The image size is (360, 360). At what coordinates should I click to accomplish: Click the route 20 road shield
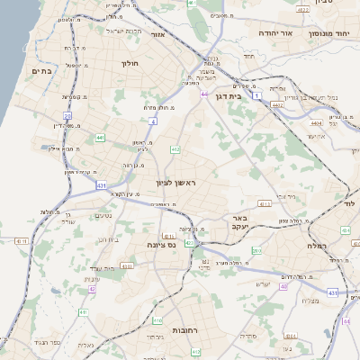coord(67,116)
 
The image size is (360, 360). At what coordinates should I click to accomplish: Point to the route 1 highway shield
coord(256,94)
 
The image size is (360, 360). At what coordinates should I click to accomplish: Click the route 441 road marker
coord(100,138)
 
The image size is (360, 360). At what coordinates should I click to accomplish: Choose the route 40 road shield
coord(283,287)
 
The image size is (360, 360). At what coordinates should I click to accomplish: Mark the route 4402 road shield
coord(277,104)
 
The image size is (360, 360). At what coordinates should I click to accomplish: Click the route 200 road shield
coord(256,249)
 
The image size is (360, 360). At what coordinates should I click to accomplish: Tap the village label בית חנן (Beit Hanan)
coord(109,267)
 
